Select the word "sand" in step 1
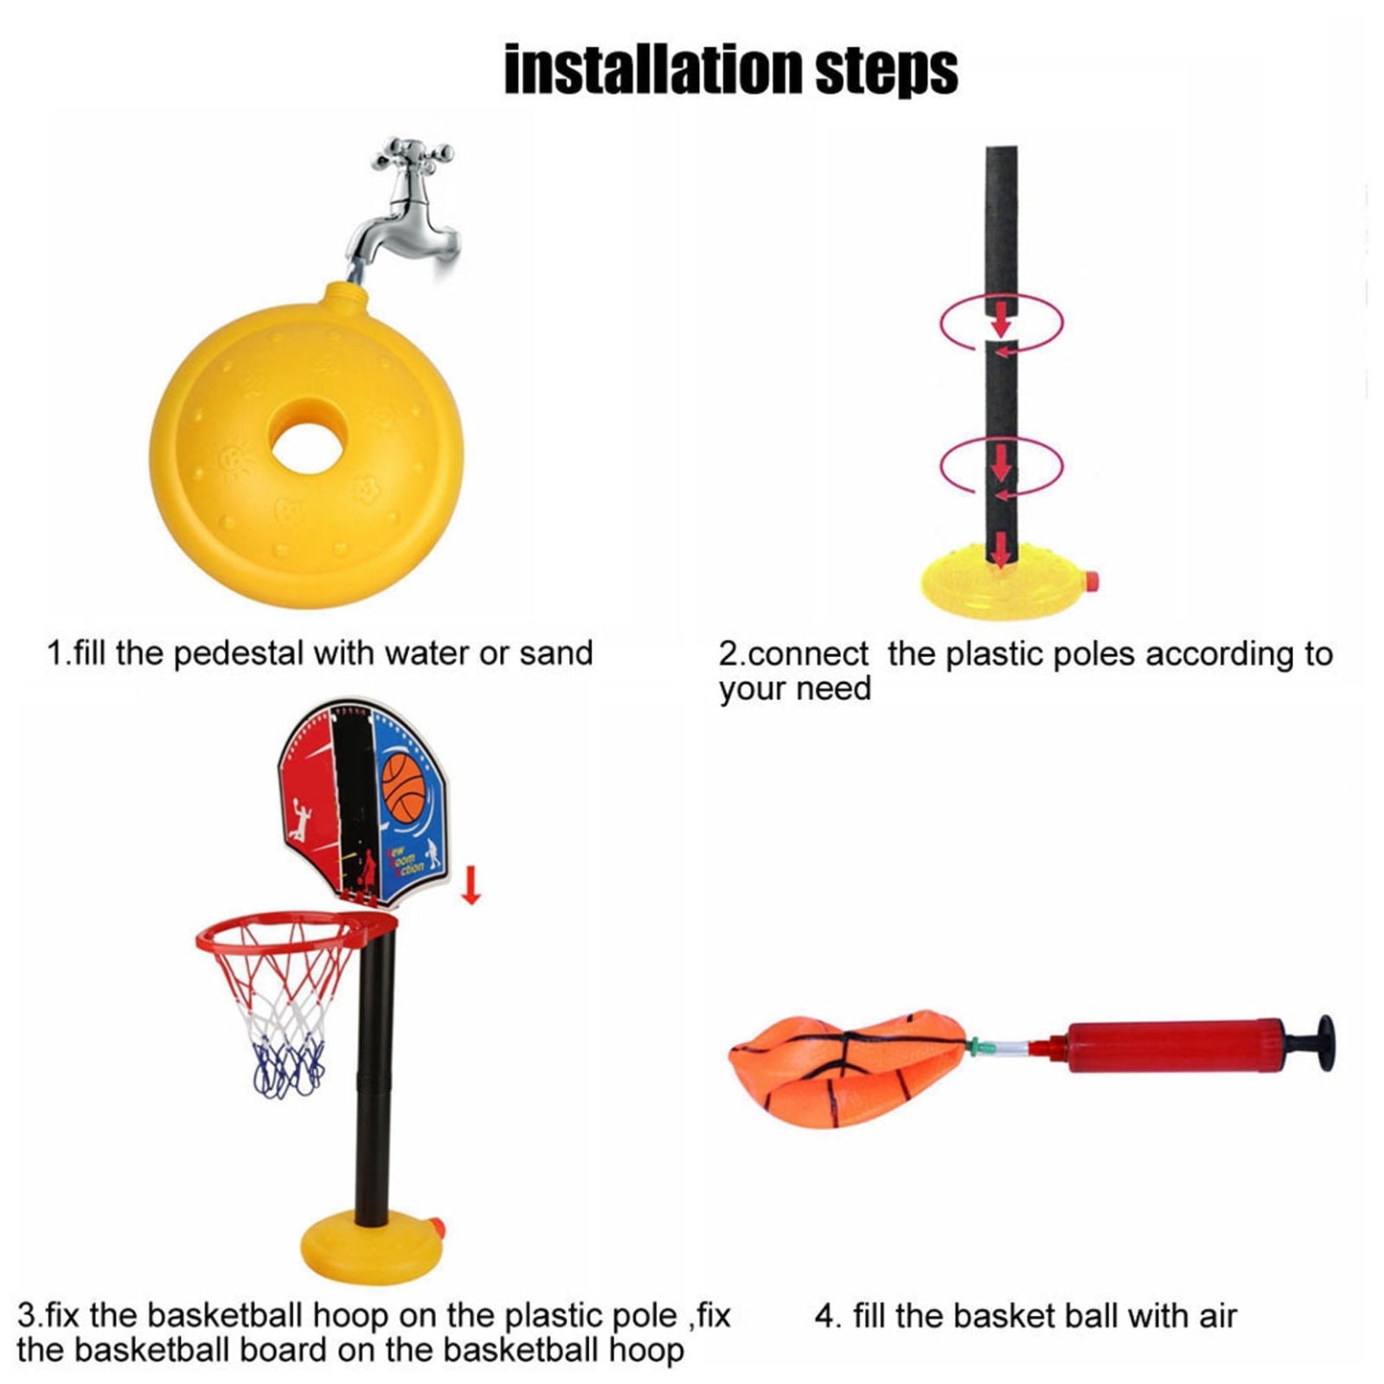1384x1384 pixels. tap(556, 653)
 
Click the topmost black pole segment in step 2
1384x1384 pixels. tap(1001, 220)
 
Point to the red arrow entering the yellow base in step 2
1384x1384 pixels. tap(1000, 552)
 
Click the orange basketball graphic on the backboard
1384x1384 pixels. tap(409, 786)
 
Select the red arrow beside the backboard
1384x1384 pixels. tap(469, 887)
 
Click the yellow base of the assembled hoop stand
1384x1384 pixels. tap(364, 1245)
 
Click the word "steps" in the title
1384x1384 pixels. tap(886, 69)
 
